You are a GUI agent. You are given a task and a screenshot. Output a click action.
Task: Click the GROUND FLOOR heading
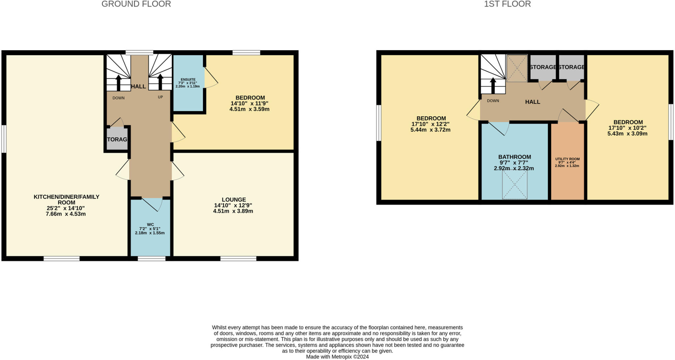click(136, 4)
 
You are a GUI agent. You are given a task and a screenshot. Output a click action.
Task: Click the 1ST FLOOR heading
click(507, 4)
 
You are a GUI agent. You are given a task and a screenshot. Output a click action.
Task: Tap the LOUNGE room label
click(234, 199)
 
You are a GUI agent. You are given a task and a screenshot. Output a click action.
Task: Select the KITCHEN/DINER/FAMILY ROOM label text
click(66, 199)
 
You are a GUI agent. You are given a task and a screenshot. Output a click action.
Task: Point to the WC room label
click(150, 225)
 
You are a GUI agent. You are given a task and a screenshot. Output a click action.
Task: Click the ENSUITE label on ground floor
click(188, 79)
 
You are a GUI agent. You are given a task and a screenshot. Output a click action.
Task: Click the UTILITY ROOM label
click(567, 159)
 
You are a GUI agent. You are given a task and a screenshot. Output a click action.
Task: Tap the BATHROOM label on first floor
click(514, 157)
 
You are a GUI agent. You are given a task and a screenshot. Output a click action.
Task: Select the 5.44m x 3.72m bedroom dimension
click(430, 130)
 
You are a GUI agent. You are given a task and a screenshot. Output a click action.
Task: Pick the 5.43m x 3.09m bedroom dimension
click(627, 134)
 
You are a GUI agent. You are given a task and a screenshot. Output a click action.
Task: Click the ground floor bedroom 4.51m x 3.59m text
click(249, 109)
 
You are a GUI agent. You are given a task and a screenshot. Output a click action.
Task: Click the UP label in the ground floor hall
click(160, 97)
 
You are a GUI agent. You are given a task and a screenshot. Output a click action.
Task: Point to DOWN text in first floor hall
click(493, 101)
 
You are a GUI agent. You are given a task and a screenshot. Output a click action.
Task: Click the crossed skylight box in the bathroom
click(514, 185)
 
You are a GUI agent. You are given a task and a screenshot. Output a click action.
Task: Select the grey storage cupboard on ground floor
click(117, 139)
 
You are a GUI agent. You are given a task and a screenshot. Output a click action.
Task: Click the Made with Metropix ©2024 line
click(337, 357)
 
